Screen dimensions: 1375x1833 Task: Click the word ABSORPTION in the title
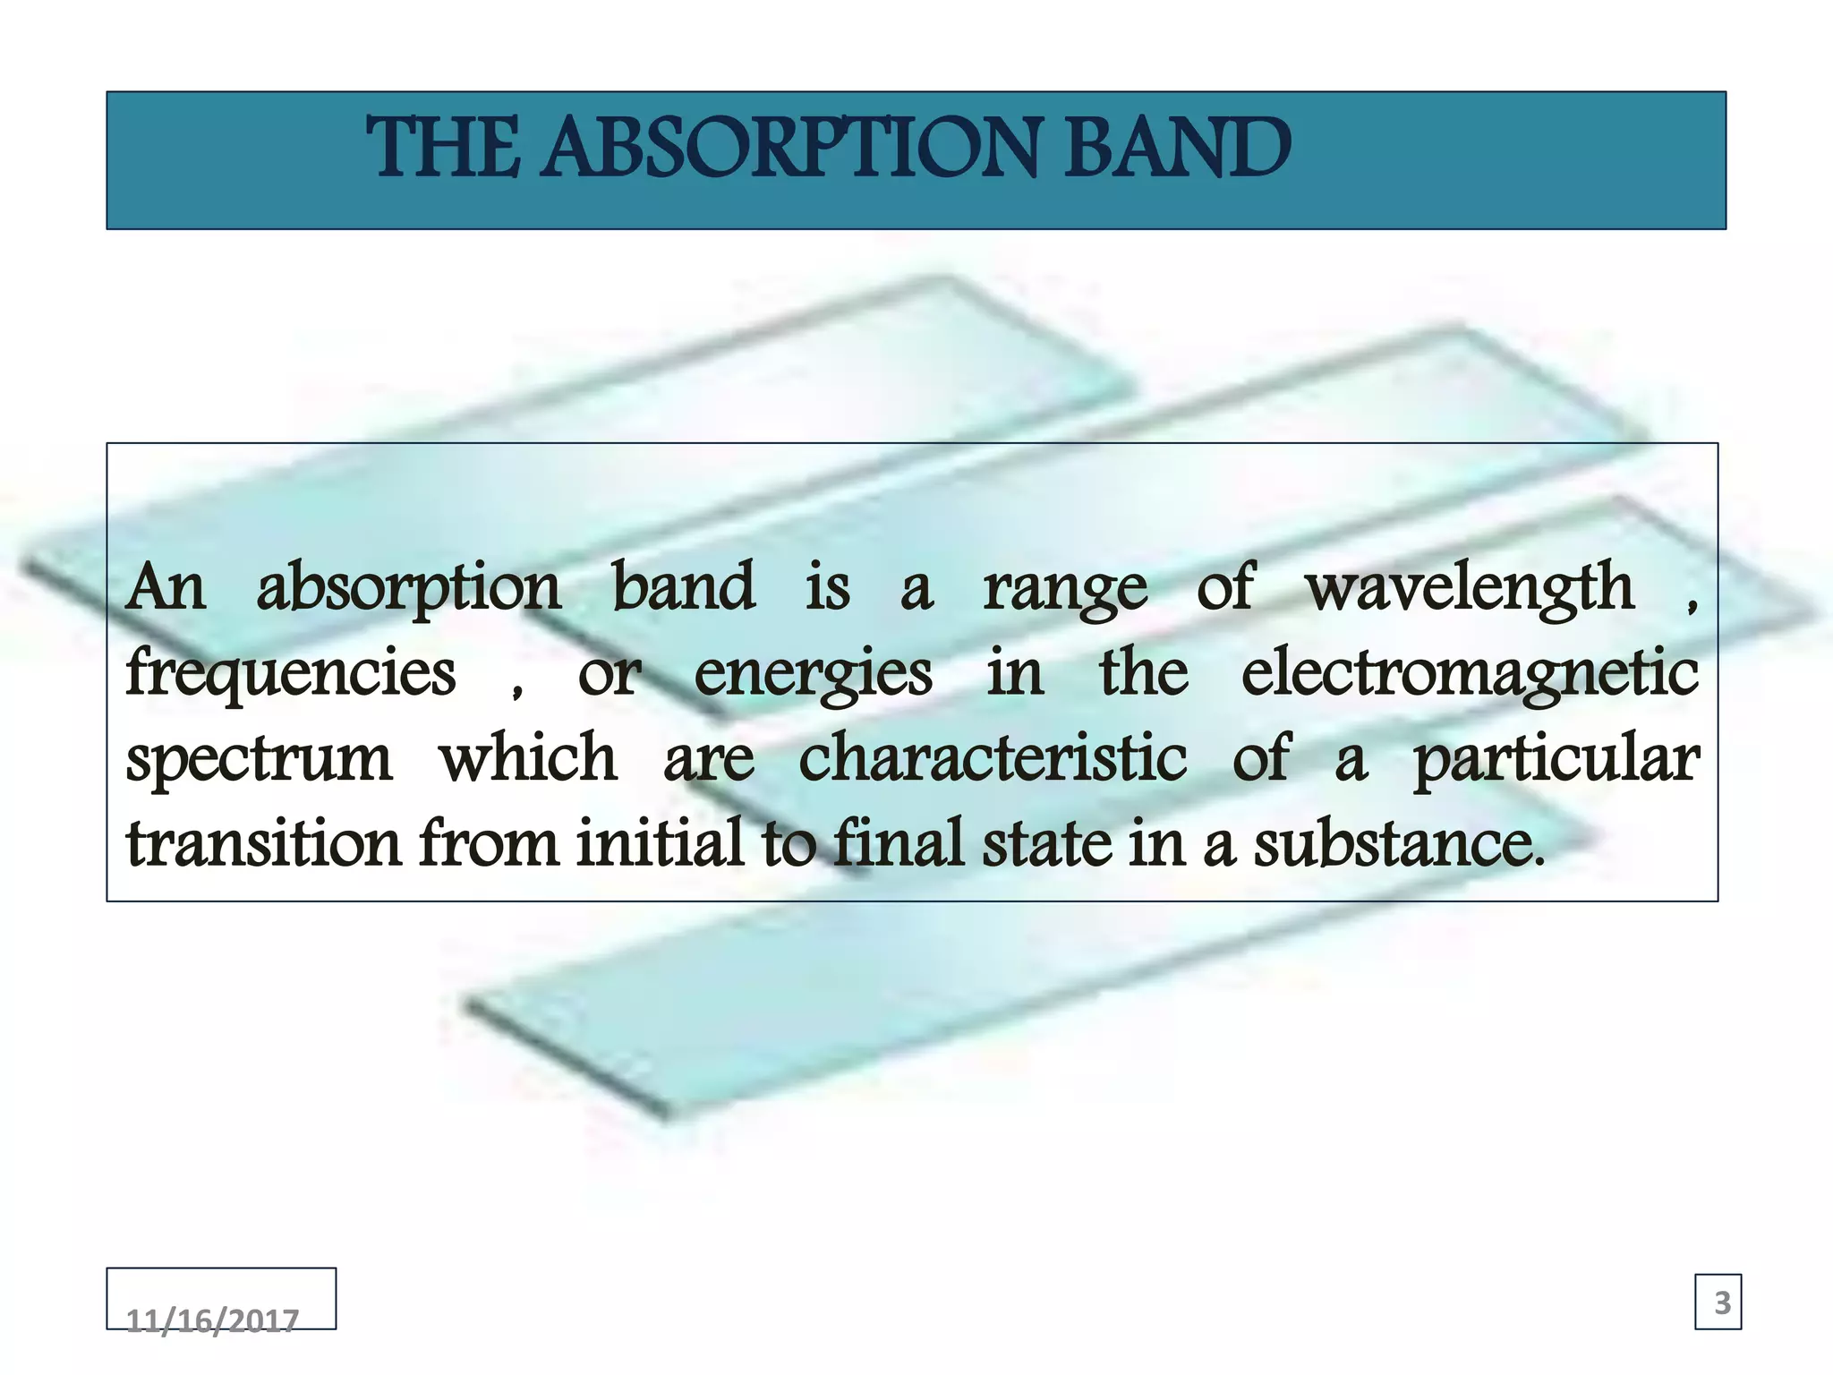tap(791, 148)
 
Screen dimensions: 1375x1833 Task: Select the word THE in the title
tap(443, 148)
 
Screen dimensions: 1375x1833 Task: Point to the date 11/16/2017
tap(212, 1320)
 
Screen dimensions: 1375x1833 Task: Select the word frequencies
tap(291, 674)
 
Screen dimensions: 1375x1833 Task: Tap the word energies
tap(813, 674)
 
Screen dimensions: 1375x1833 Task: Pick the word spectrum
tap(259, 760)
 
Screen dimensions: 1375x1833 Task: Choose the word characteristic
tap(993, 758)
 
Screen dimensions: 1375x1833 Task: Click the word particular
tap(1556, 760)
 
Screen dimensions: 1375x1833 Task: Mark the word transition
tap(264, 843)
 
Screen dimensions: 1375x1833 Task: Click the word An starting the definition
tap(166, 588)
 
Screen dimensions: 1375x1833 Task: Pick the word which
tap(528, 758)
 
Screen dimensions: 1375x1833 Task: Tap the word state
tap(1046, 843)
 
